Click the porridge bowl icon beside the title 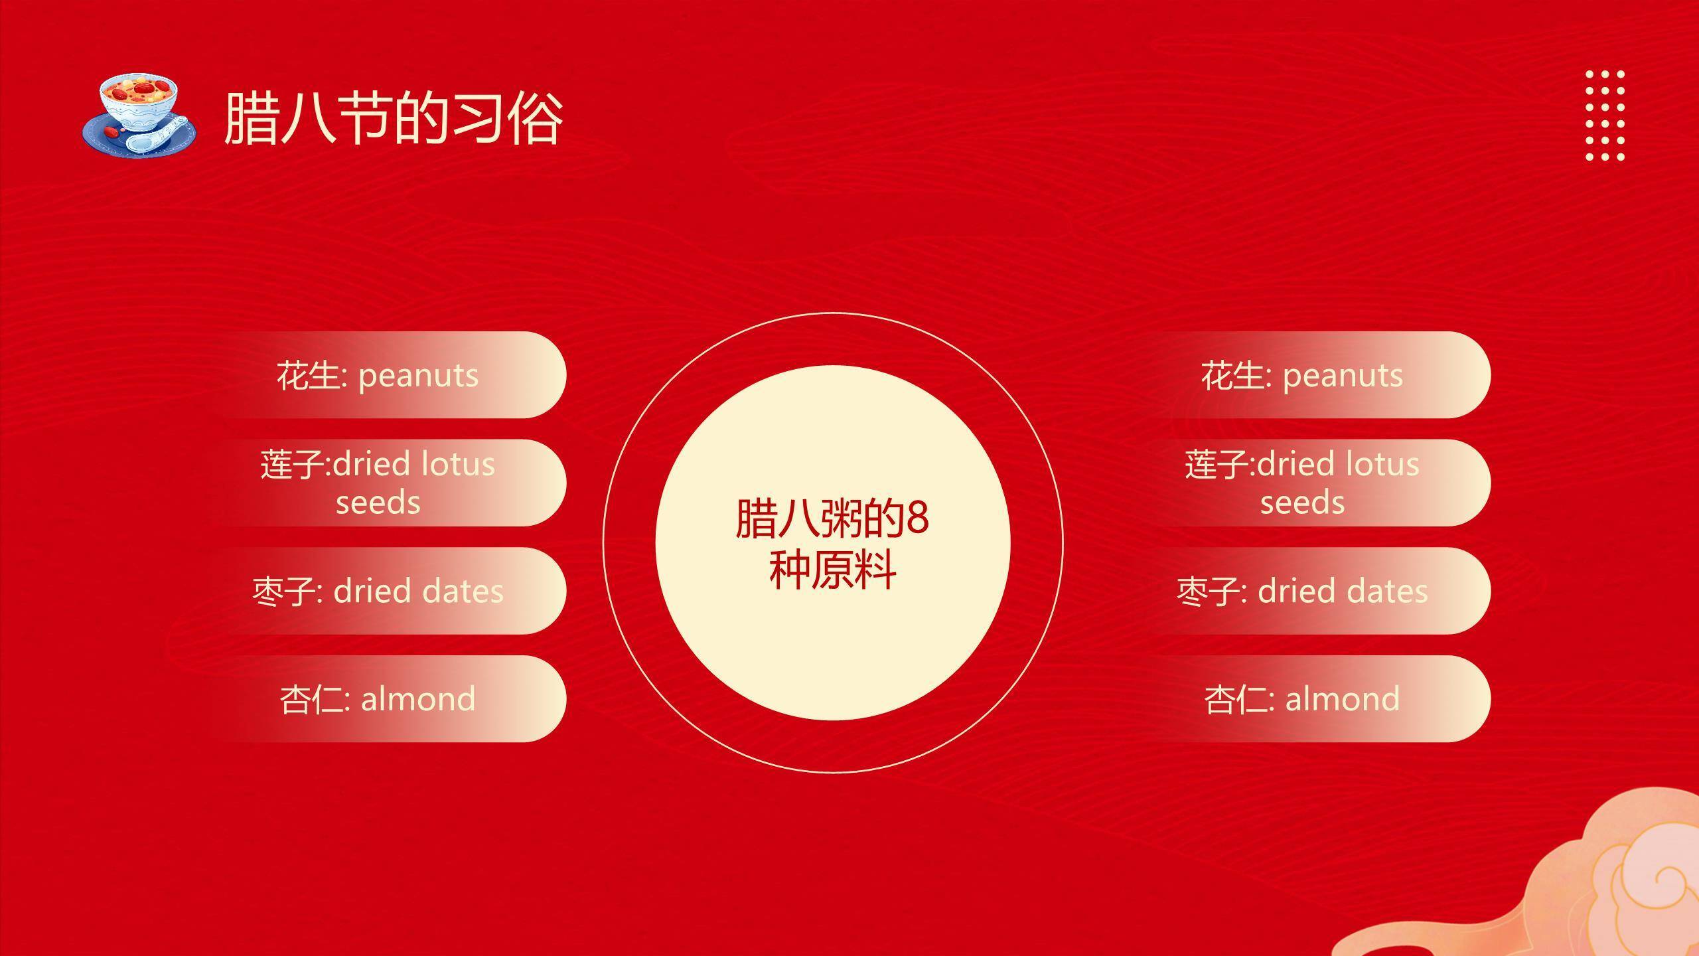pyautogui.click(x=139, y=116)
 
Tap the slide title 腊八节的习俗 pyautogui.click(x=394, y=118)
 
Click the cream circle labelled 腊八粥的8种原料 pyautogui.click(x=832, y=542)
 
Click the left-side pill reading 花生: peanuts pyautogui.click(x=385, y=374)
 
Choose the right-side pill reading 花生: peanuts pyautogui.click(x=1310, y=374)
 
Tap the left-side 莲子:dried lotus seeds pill pyautogui.click(x=385, y=483)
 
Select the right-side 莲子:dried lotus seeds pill pyautogui.click(x=1310, y=483)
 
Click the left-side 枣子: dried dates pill pyautogui.click(x=385, y=591)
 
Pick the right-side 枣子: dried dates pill pyautogui.click(x=1310, y=591)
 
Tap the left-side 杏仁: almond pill pyautogui.click(x=385, y=698)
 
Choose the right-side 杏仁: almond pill pyautogui.click(x=1310, y=698)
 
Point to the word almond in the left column pyautogui.click(x=418, y=699)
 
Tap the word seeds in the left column pyautogui.click(x=378, y=503)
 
